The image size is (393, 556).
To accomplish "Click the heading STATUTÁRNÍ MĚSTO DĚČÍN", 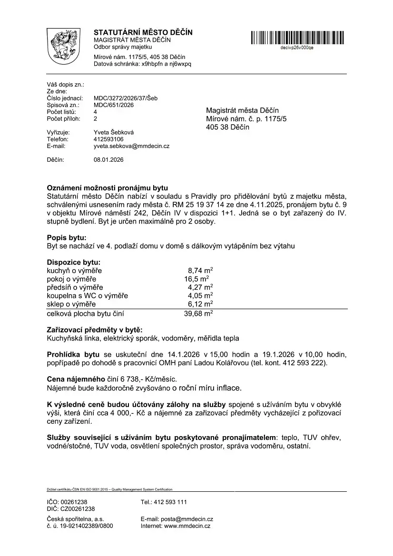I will (x=143, y=32).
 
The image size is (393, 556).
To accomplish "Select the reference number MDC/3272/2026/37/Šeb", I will (x=126, y=98).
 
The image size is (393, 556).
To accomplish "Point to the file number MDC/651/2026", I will (x=114, y=105).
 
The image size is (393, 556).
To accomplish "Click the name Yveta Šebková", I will (x=113, y=132).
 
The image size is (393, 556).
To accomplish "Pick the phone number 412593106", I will (x=108, y=139).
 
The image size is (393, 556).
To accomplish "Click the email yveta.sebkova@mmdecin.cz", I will (x=132, y=146).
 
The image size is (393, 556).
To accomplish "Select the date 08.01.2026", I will (x=108, y=160).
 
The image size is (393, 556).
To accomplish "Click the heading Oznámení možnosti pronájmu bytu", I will (x=108, y=188).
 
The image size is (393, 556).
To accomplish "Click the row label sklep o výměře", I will (x=71, y=304).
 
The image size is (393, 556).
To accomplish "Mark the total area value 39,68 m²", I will (x=198, y=313).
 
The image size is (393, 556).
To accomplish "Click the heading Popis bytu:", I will (x=67, y=237).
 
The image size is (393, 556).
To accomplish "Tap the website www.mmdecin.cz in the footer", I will (x=187, y=526).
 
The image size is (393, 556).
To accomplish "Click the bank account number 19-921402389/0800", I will (x=80, y=526).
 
